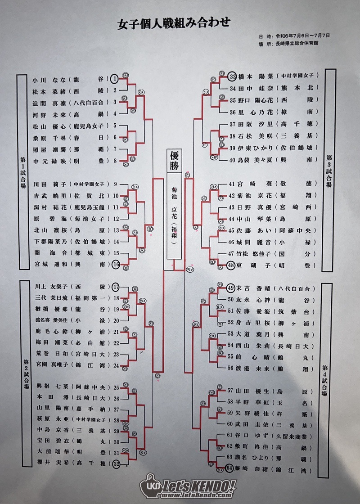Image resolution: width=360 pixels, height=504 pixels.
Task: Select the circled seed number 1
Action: click(x=115, y=79)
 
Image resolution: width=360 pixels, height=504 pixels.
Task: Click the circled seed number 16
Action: click(x=116, y=265)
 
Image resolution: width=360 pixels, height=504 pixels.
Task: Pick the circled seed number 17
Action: click(x=116, y=286)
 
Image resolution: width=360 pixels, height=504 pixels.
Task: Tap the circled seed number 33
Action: click(x=233, y=76)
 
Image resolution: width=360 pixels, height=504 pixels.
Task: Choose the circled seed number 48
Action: click(x=232, y=265)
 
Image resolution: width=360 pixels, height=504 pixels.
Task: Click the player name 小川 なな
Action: click(x=49, y=79)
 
